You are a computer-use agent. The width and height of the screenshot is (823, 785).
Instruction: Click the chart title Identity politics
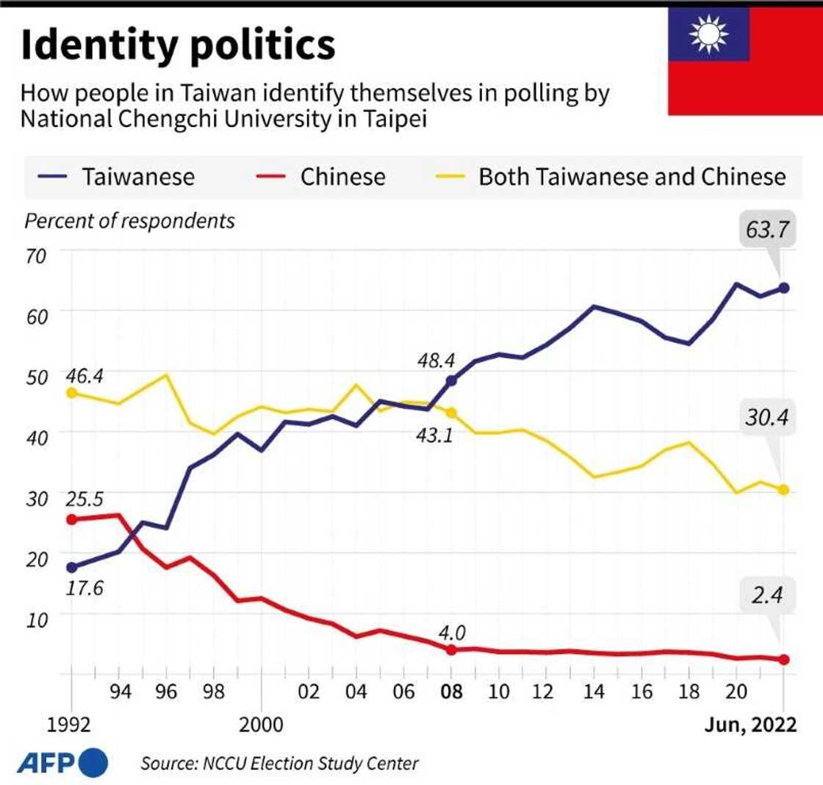177,45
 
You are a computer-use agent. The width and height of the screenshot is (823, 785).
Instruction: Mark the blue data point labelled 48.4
451,380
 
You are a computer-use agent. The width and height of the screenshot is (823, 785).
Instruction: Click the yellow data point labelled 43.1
451,413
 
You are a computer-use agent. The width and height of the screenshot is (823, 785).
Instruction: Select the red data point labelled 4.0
451,650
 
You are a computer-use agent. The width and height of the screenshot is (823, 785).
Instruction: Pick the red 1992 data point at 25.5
71,519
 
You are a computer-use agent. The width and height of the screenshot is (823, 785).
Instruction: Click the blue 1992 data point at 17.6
71,567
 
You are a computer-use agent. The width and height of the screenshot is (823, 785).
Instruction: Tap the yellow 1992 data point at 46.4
71,393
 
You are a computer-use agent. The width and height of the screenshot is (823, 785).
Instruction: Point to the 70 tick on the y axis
36,256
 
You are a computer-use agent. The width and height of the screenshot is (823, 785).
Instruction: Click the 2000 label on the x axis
262,725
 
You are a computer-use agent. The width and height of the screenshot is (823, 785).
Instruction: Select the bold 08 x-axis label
451,693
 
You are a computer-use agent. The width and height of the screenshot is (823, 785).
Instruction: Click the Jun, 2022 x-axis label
750,725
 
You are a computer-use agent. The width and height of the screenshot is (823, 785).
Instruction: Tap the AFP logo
62,762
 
